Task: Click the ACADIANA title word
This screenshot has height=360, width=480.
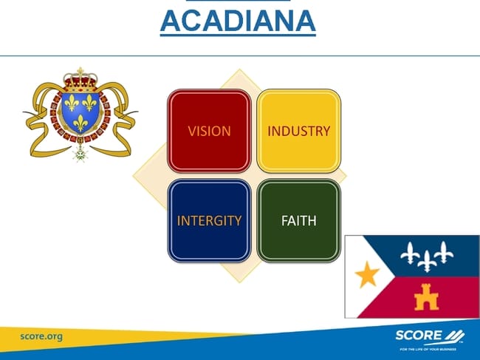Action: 238,21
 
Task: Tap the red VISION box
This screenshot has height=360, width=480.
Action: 210,131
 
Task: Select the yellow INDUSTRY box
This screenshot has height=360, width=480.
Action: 299,131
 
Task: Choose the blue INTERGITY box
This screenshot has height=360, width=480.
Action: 210,220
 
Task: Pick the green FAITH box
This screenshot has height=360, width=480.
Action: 299,220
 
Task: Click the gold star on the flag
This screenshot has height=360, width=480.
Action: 367,274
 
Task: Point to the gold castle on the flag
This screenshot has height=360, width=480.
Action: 426,297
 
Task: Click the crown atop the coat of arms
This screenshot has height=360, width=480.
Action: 80,80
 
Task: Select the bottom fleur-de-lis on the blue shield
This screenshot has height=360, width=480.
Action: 80,123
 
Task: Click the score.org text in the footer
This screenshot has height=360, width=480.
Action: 41,336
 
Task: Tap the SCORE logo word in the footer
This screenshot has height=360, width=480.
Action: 419,336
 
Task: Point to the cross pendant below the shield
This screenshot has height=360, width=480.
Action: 80,153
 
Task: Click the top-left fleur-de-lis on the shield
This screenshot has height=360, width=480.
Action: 72,103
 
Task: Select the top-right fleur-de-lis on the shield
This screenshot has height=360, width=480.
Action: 89,103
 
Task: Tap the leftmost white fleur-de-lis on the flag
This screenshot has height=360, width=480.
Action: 410,254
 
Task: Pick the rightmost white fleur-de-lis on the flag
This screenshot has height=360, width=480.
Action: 444,252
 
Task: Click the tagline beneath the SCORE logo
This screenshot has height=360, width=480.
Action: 428,349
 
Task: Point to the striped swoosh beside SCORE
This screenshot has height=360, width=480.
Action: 454,336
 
